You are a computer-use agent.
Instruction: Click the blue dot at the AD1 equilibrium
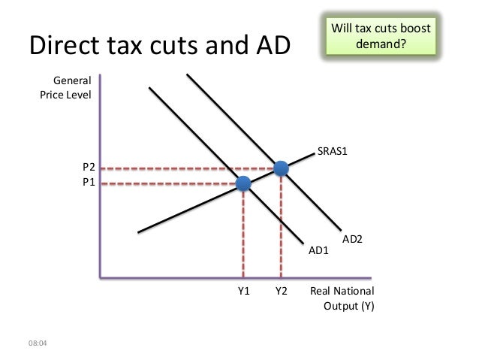point(243,183)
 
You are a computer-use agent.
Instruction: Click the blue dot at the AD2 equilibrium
point(281,168)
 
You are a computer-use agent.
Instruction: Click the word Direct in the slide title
point(65,47)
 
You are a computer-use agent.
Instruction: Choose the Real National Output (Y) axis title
point(342,298)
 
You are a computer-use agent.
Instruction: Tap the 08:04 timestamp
point(35,344)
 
